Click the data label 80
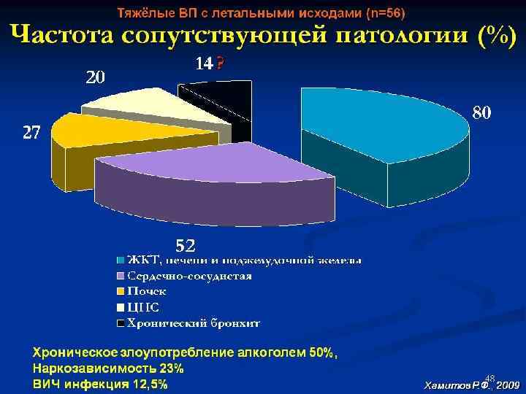point(481,113)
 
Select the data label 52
point(183,244)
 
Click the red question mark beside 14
point(221,64)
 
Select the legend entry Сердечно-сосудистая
point(190,276)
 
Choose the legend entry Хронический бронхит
point(194,322)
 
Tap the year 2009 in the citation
point(507,383)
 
